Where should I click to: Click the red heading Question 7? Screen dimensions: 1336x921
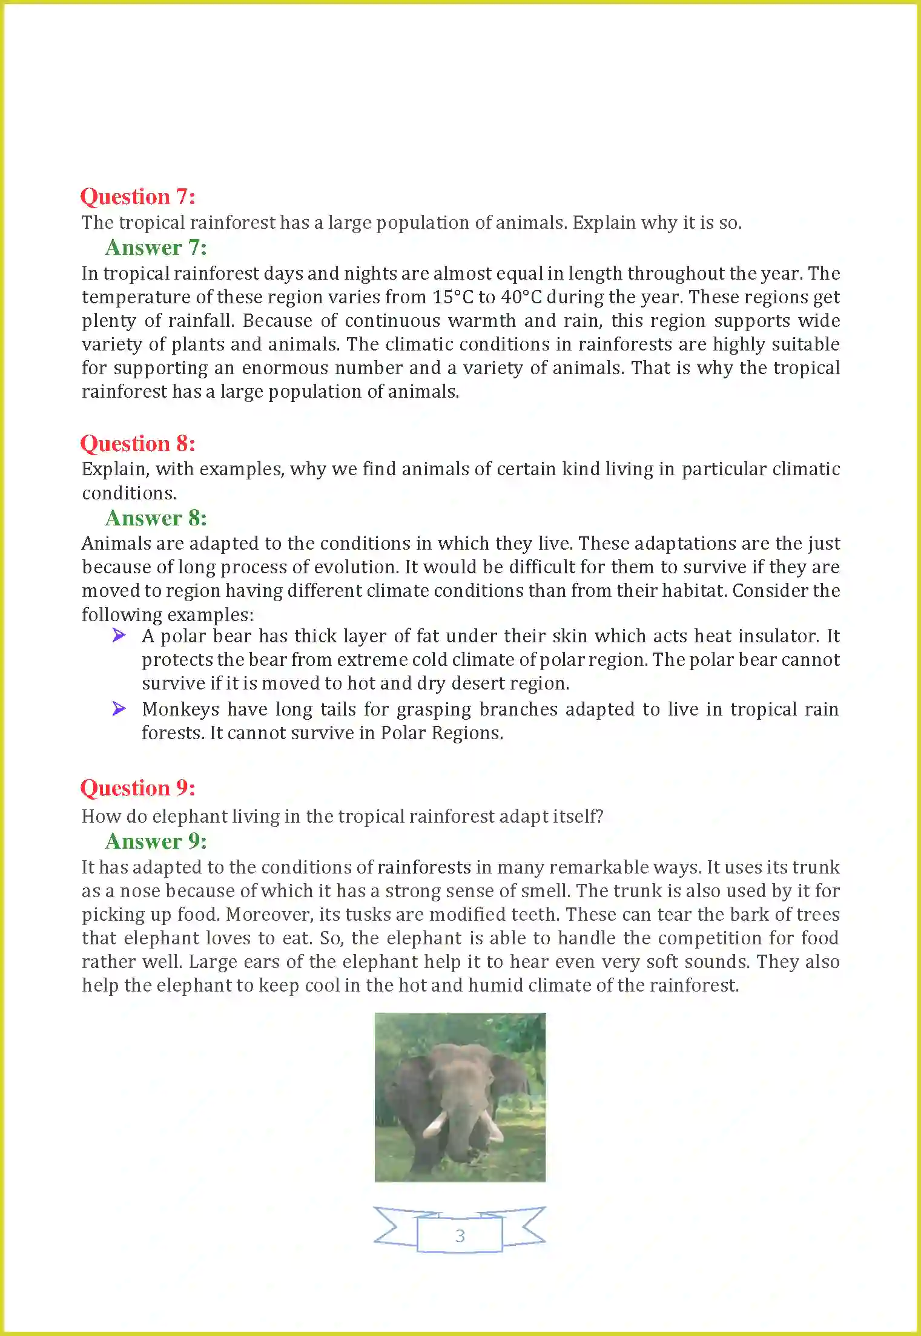137,197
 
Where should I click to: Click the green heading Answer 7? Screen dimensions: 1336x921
156,248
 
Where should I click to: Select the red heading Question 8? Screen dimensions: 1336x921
137,444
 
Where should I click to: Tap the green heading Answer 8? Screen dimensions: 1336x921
156,518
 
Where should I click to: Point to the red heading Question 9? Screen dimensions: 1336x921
137,788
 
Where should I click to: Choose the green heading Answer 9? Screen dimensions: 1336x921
156,841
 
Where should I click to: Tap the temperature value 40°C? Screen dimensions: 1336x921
521,297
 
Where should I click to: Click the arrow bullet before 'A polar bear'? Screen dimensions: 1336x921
119,635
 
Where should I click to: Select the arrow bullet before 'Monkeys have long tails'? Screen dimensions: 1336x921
119,708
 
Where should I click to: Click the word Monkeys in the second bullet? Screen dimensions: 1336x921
180,709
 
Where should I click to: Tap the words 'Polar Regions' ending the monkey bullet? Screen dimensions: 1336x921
441,733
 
